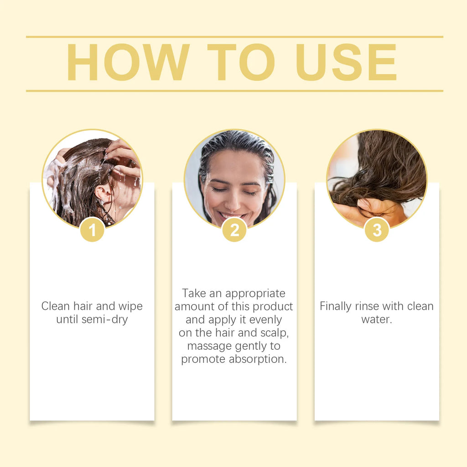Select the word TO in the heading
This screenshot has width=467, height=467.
[x=241, y=63]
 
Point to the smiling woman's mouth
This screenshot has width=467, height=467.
[x=233, y=214]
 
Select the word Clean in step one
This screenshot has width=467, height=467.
[x=55, y=306]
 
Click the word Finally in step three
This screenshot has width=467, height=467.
[x=336, y=306]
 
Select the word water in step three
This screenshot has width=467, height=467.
[x=376, y=319]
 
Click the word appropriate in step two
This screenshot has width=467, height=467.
[x=255, y=293]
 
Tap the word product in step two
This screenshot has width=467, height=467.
[x=273, y=306]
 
